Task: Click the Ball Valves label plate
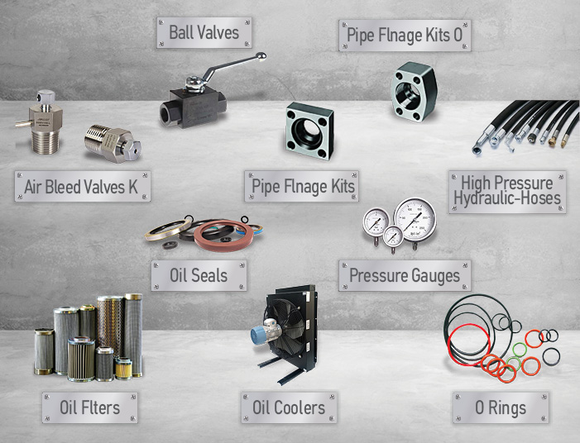coord(204,32)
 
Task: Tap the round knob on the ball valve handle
coord(261,56)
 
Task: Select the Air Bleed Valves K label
coord(83,186)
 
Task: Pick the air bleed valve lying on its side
coord(113,144)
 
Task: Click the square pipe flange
coord(310,131)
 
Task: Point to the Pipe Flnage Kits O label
coord(405,36)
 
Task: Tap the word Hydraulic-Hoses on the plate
coord(507,198)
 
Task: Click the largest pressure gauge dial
coord(415,219)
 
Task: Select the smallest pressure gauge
coord(393,236)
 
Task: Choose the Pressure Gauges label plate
coord(405,275)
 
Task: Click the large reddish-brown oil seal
coord(223,235)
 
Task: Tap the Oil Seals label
coord(199,275)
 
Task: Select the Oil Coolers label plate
coord(289,407)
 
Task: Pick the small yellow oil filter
coord(123,369)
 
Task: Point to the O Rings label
coord(501,407)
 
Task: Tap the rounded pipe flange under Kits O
coord(415,92)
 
